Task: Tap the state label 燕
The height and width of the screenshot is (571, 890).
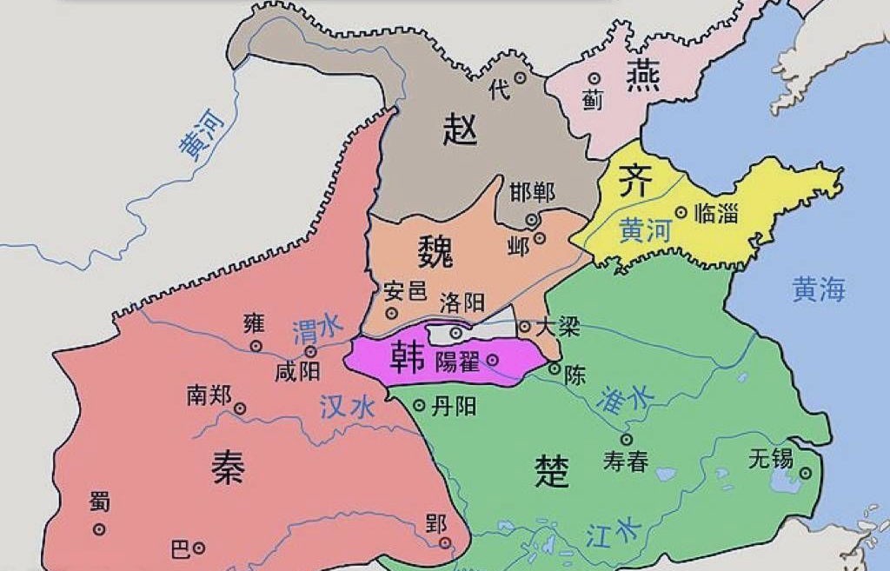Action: pos(642,76)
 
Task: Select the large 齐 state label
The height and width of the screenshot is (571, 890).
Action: pos(633,183)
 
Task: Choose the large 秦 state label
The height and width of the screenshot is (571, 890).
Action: pos(228,468)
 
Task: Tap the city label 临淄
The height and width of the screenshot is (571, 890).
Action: pos(717,212)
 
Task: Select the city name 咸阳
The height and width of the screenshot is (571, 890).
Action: pos(297,372)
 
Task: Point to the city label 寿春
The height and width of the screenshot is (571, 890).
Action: pos(626,461)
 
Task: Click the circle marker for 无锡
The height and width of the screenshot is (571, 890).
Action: pos(806,474)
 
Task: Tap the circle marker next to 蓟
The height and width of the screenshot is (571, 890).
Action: pos(595,77)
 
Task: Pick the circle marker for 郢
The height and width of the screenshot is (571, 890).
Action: pos(446,543)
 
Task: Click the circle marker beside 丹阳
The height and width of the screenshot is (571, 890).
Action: pos(419,405)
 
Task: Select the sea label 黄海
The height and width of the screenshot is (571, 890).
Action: pos(818,289)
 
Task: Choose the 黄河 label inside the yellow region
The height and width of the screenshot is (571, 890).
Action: pos(646,232)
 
